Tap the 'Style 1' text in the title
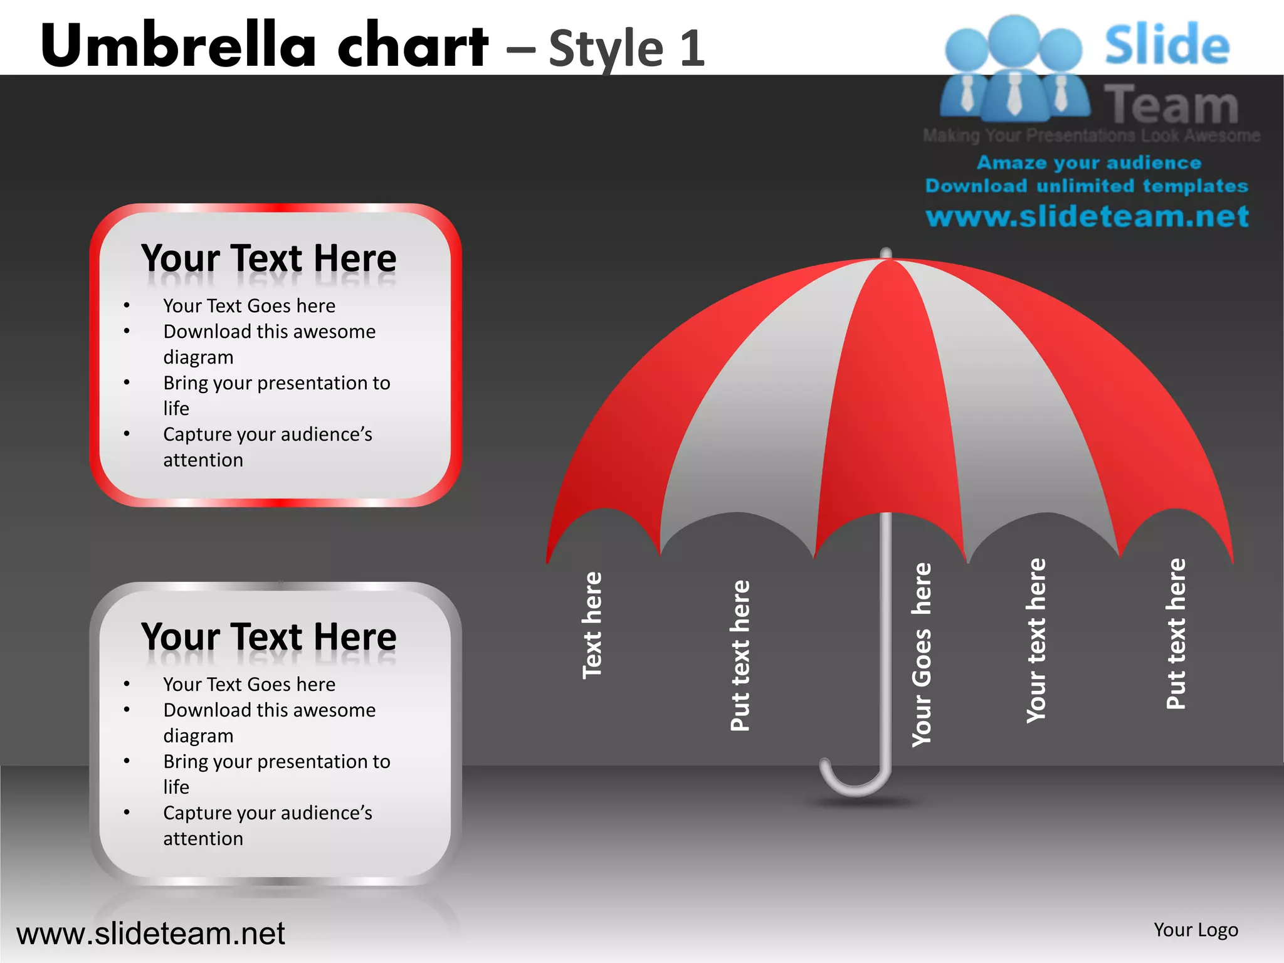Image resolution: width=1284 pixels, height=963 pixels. (x=626, y=48)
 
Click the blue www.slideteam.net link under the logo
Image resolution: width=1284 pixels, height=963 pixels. (x=1087, y=216)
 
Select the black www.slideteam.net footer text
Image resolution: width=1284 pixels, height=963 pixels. (x=150, y=934)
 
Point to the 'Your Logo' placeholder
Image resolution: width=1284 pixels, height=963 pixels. (x=1196, y=930)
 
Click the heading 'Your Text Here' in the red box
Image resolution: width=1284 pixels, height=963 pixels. (x=269, y=258)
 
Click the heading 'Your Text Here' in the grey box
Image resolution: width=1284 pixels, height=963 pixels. (x=269, y=637)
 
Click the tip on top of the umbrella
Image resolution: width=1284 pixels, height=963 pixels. (x=886, y=253)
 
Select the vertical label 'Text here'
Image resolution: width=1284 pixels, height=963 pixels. (x=592, y=625)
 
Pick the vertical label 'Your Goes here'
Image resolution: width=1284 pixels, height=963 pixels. (x=922, y=655)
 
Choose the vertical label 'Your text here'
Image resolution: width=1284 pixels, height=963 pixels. (x=1036, y=640)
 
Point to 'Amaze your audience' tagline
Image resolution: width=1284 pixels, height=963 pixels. (x=1089, y=162)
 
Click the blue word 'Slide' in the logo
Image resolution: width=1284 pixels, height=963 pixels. (x=1167, y=45)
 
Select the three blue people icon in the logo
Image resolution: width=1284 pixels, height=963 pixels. (x=1014, y=69)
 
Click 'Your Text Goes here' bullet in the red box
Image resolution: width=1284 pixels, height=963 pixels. (x=249, y=306)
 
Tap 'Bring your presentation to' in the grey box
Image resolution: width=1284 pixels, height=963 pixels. (x=276, y=762)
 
